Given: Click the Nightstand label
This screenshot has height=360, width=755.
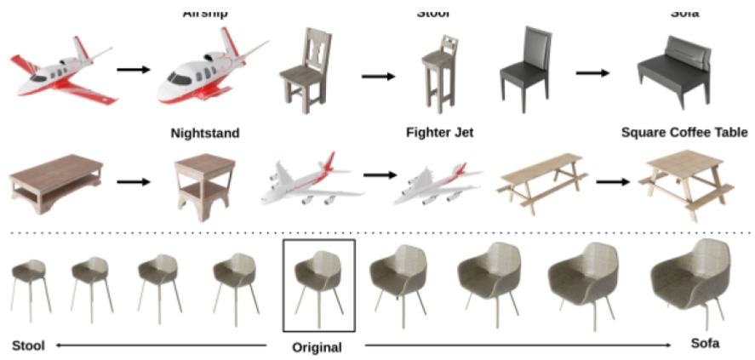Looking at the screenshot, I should pos(204,133).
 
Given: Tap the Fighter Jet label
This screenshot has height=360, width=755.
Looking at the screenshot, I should pos(439,133).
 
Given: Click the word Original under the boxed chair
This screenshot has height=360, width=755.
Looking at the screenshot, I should pos(317,347).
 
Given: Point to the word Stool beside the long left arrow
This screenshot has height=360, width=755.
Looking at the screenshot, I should pos(28,346).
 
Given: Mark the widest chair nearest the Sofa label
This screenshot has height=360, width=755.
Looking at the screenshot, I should pos(690,278).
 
